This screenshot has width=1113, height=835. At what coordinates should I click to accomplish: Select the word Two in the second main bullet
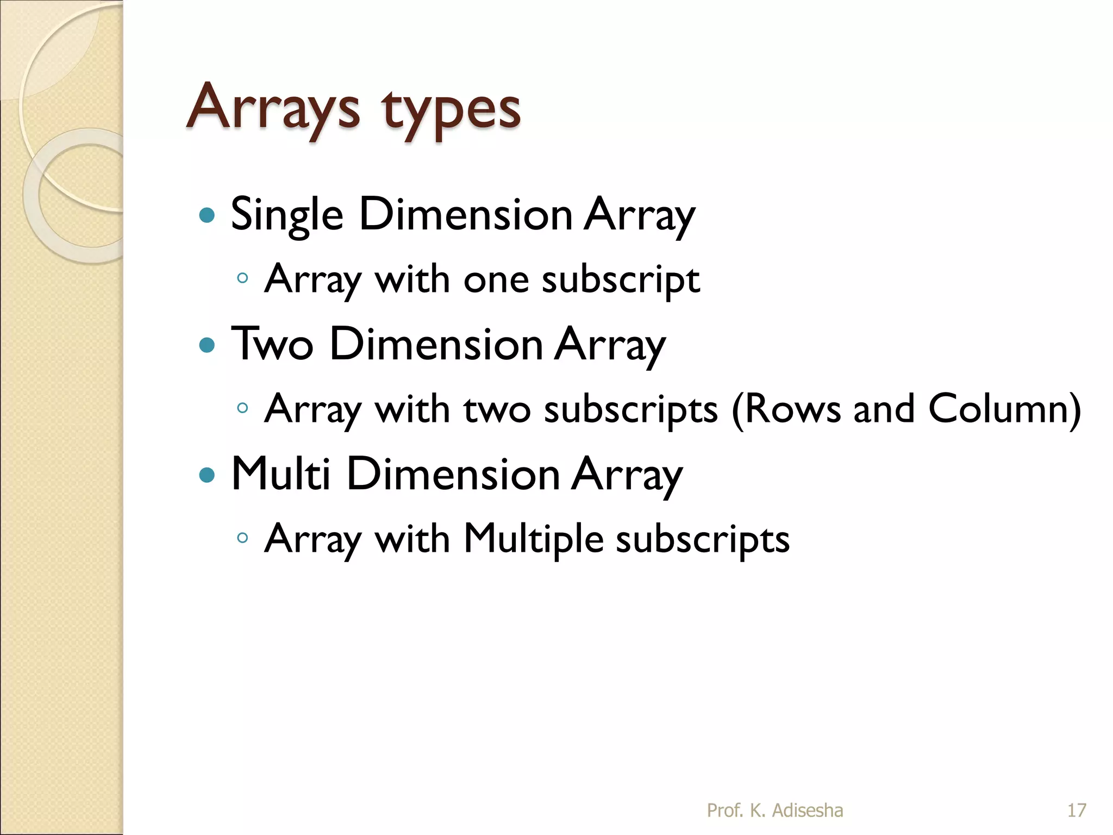[272, 344]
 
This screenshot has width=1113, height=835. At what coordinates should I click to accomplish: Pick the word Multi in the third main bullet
[280, 473]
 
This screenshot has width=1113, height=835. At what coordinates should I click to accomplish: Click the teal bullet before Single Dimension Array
[207, 215]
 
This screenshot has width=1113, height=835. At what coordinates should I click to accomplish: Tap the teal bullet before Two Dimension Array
[207, 345]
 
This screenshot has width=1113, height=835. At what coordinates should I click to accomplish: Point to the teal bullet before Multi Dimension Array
[207, 475]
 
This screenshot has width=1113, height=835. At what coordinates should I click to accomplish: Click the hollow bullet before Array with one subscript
[242, 278]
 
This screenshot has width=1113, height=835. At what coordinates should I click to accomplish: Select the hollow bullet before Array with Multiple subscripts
[242, 538]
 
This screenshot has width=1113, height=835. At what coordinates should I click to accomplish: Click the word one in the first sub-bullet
[496, 279]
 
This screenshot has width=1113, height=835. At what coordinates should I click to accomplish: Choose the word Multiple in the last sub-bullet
[533, 539]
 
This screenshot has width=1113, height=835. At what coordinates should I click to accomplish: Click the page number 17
[1077, 811]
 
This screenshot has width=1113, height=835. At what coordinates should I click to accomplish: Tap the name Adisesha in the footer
[808, 811]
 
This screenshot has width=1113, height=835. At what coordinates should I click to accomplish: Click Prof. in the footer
[724, 811]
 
